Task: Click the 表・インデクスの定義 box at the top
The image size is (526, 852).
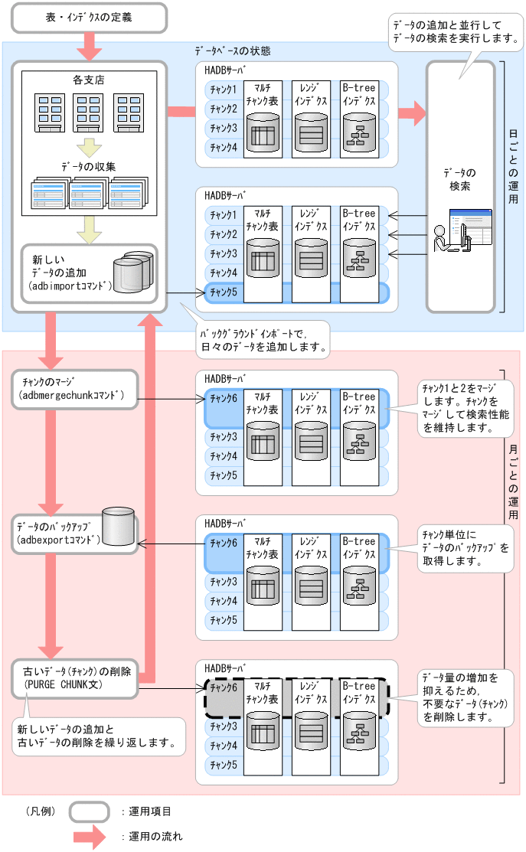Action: point(89,18)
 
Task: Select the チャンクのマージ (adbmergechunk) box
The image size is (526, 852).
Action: point(75,389)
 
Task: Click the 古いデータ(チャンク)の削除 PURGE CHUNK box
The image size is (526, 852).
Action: point(75,678)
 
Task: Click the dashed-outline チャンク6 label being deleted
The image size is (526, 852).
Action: point(224,687)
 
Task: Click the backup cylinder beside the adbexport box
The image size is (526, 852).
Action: point(119,525)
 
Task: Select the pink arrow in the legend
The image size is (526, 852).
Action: point(89,836)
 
